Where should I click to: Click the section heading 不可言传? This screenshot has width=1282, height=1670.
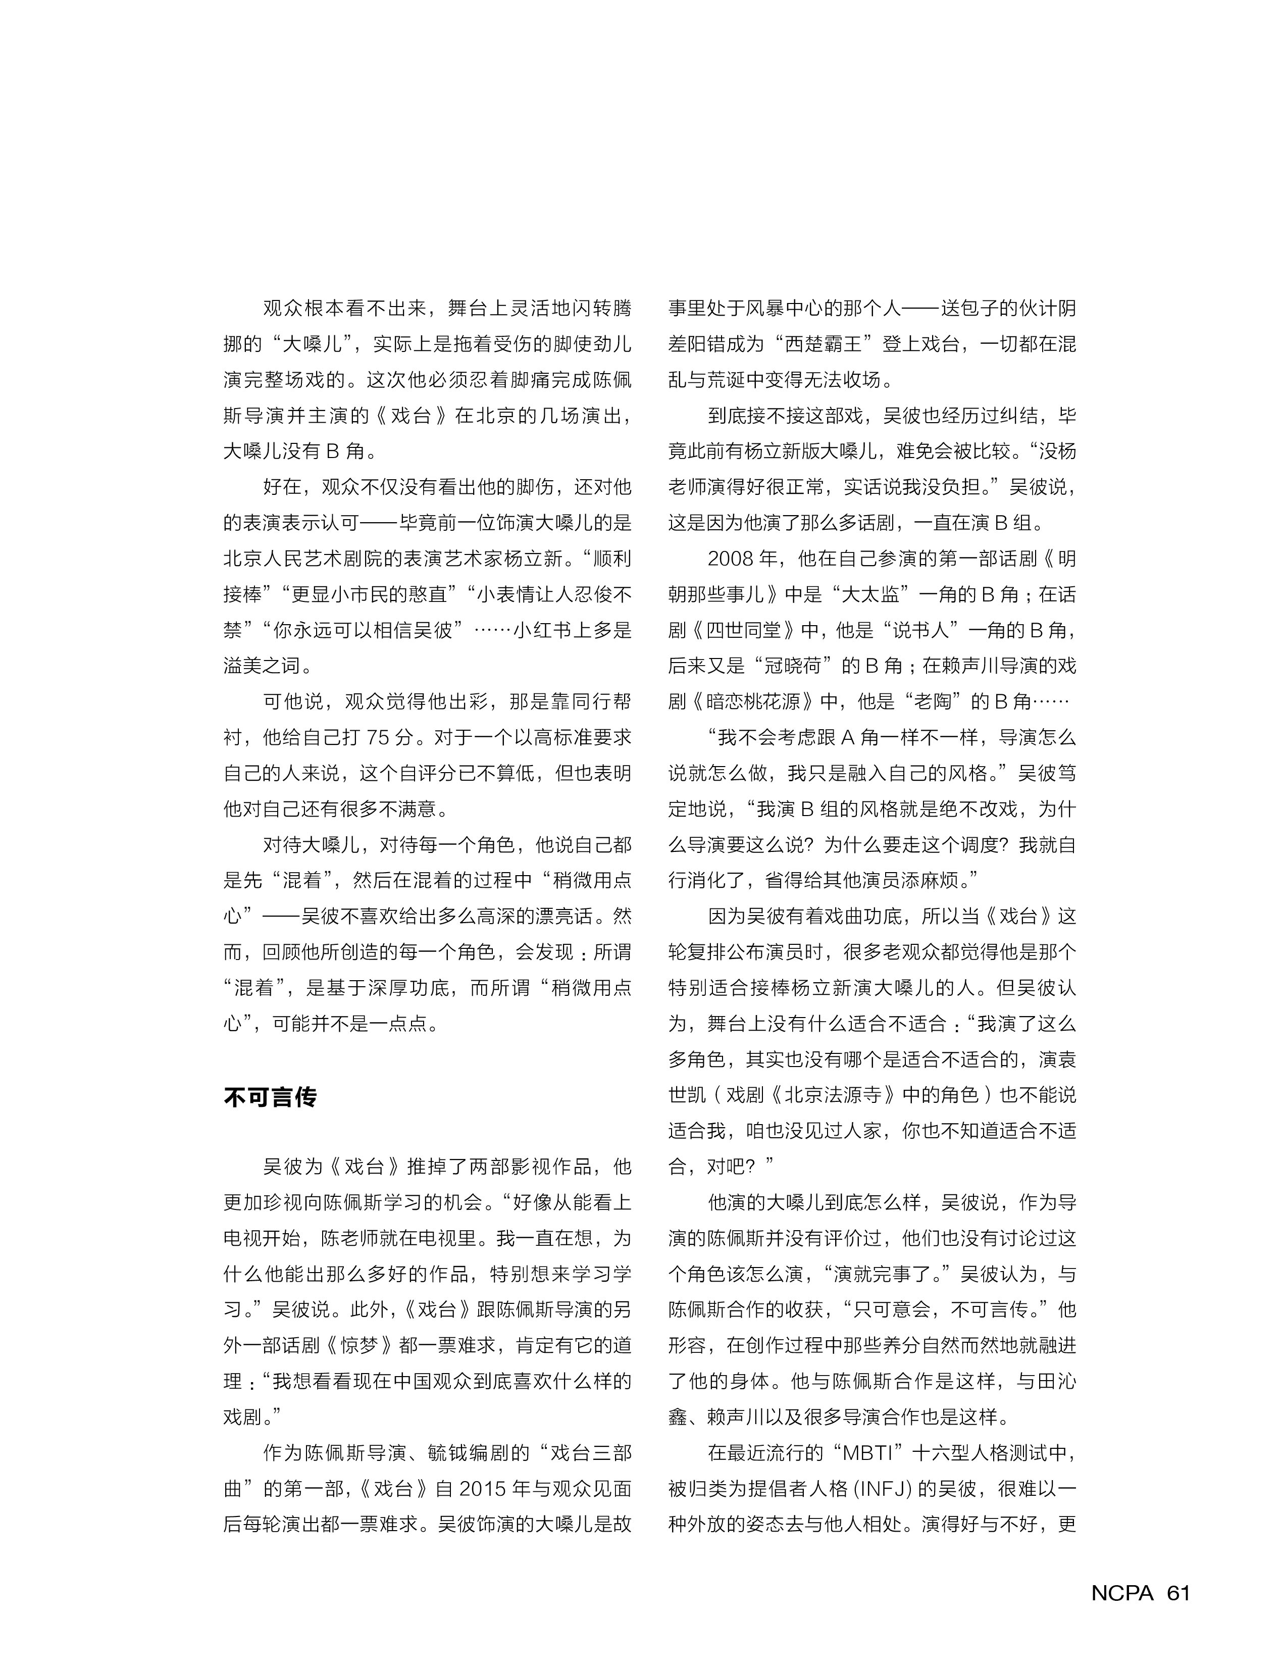(270, 1097)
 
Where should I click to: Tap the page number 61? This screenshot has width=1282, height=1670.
(1178, 1593)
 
